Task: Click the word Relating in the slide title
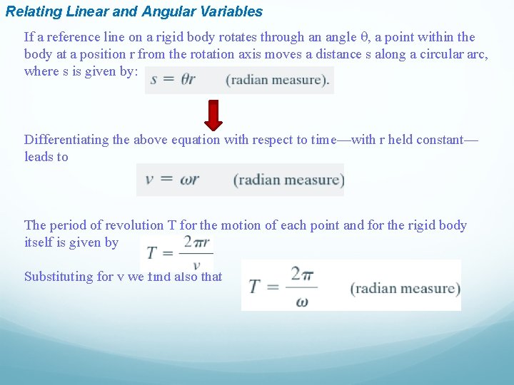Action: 31,11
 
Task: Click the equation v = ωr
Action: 172,179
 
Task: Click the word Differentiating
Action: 68,140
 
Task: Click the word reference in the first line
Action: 68,37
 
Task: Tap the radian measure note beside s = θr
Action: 278,79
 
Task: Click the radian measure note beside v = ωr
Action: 288,179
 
